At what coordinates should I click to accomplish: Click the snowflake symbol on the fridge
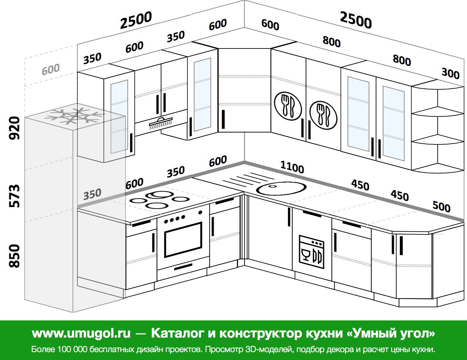pyautogui.click(x=74, y=116)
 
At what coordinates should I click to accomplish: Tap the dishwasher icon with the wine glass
pyautogui.click(x=312, y=252)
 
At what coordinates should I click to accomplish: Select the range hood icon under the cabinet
pyautogui.click(x=161, y=123)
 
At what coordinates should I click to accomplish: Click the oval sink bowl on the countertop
pyautogui.click(x=281, y=188)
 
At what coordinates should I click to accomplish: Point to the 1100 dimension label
pyautogui.click(x=292, y=167)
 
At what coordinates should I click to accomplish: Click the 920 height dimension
pyautogui.click(x=14, y=128)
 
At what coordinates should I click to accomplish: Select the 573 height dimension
pyautogui.click(x=14, y=196)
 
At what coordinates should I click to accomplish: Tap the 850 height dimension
pyautogui.click(x=14, y=256)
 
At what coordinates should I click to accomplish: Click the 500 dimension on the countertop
pyautogui.click(x=441, y=207)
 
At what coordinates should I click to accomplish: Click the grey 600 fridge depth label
pyautogui.click(x=50, y=69)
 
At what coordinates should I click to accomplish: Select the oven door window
pyautogui.click(x=183, y=239)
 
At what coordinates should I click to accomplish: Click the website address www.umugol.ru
pyautogui.click(x=81, y=333)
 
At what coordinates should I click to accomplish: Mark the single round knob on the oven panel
pyautogui.click(x=200, y=213)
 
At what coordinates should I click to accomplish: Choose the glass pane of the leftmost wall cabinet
pyautogui.click(x=119, y=116)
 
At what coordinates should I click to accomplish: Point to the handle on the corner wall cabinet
pyautogui.click(x=223, y=119)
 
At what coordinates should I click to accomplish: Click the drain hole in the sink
pyautogui.click(x=272, y=186)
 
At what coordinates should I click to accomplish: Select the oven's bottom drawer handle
pyautogui.click(x=183, y=267)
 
